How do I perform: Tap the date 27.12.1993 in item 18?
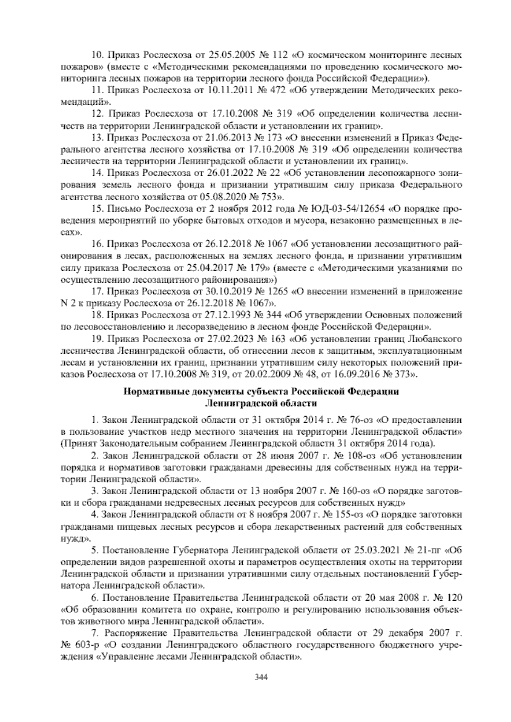220,315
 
